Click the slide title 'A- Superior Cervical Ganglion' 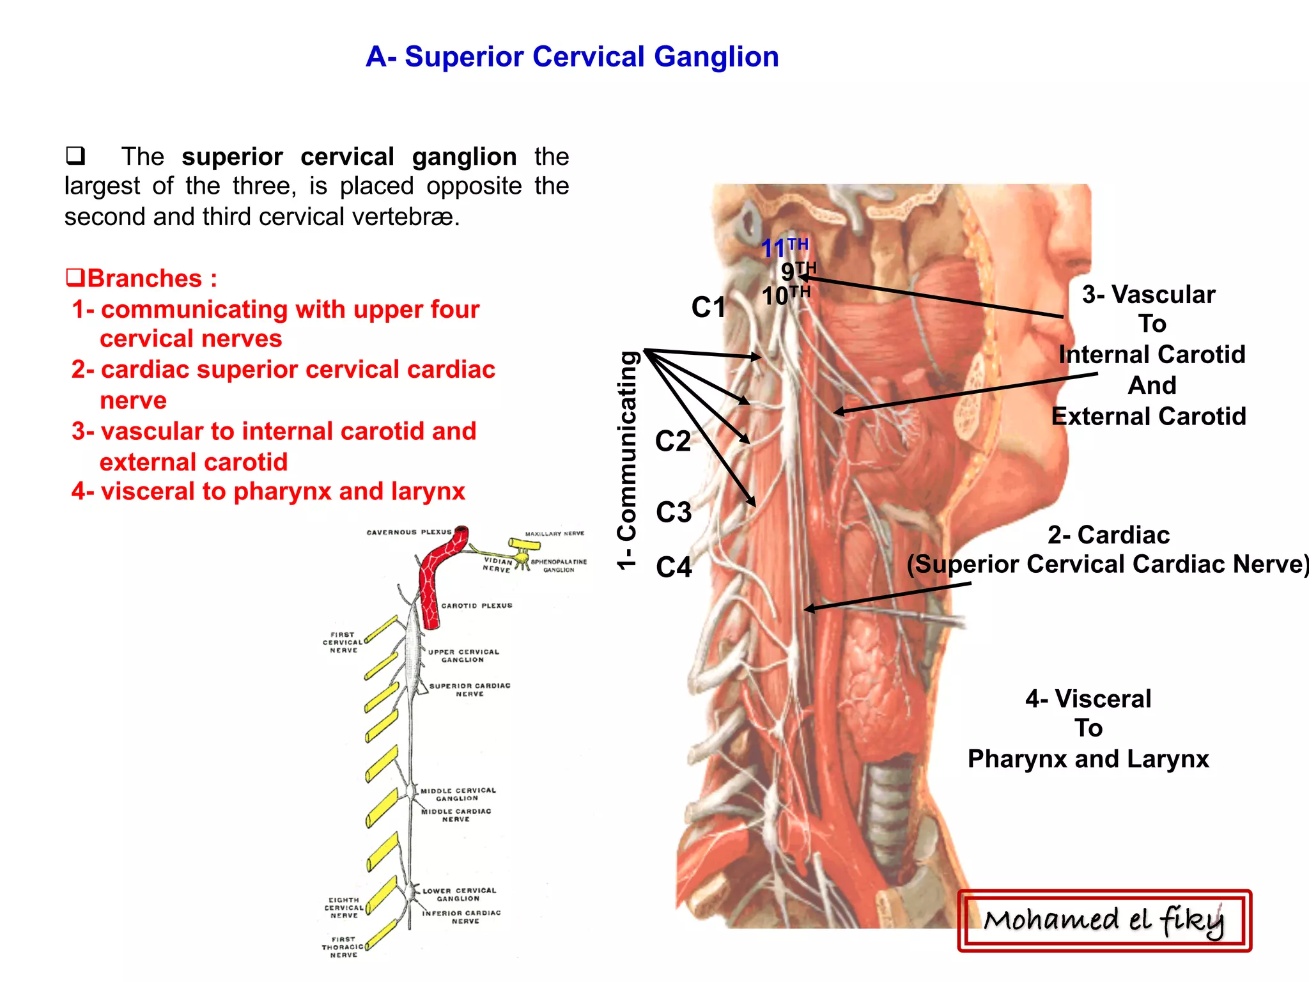pyautogui.click(x=572, y=56)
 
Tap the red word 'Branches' pyautogui.click(x=144, y=279)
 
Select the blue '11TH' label pyautogui.click(x=784, y=247)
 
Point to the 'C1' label pyautogui.click(x=709, y=307)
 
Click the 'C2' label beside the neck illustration pyautogui.click(x=673, y=441)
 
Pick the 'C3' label pyautogui.click(x=674, y=512)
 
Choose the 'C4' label pyautogui.click(x=674, y=567)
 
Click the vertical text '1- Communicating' pyautogui.click(x=628, y=460)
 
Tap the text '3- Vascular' pyautogui.click(x=1149, y=295)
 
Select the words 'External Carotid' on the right pyautogui.click(x=1149, y=416)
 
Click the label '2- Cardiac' pyautogui.click(x=1108, y=534)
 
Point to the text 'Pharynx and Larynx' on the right pyautogui.click(x=1088, y=759)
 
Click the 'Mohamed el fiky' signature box pyautogui.click(x=1104, y=921)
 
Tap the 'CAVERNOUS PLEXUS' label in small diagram pyautogui.click(x=408, y=532)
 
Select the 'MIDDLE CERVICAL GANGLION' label pyautogui.click(x=458, y=794)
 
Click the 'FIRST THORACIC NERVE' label pyautogui.click(x=343, y=947)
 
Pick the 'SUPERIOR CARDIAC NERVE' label pyautogui.click(x=470, y=689)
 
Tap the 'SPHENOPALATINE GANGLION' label pyautogui.click(x=559, y=565)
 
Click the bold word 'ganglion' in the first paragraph pyautogui.click(x=464, y=157)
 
